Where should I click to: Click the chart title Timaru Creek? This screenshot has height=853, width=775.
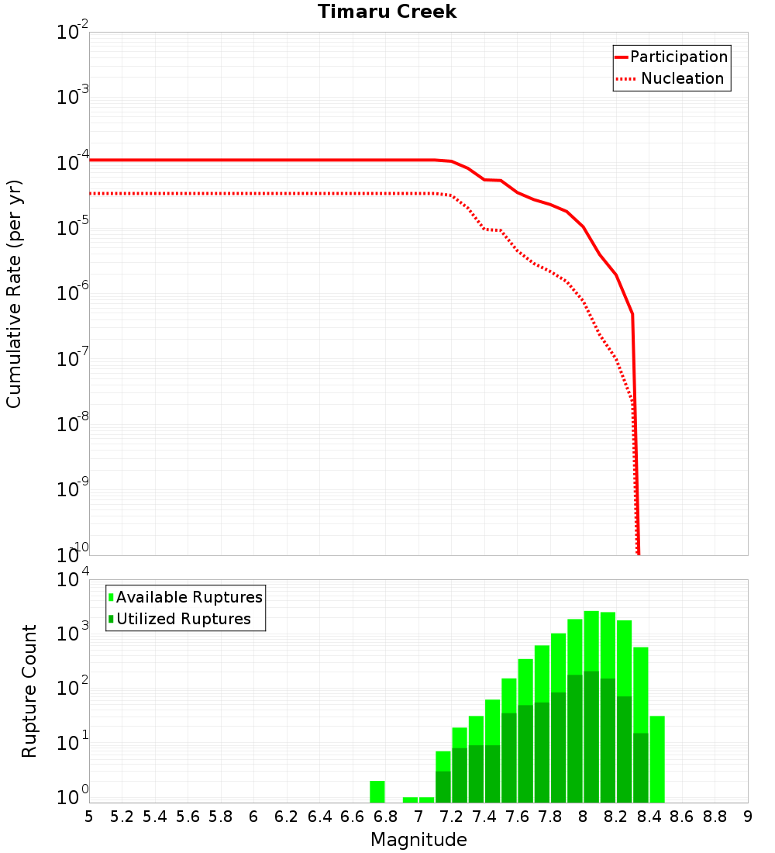[x=387, y=12]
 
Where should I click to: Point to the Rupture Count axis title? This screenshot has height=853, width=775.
[x=29, y=691]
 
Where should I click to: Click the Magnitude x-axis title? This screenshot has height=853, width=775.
[x=418, y=840]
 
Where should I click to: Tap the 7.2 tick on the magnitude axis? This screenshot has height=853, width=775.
[x=451, y=817]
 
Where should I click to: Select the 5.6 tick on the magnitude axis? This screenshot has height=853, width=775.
[x=188, y=817]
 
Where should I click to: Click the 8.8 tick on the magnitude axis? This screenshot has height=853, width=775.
[x=715, y=817]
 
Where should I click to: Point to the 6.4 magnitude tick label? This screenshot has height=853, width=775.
[x=319, y=817]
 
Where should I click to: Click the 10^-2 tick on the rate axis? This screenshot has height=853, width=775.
[x=73, y=33]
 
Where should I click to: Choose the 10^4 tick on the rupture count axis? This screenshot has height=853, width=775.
[x=73, y=580]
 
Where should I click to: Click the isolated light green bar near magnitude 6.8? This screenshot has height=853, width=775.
[x=377, y=792]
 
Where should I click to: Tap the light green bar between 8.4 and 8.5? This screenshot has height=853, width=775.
[x=657, y=759]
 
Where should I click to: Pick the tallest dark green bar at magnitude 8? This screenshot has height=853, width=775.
[x=591, y=737]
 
